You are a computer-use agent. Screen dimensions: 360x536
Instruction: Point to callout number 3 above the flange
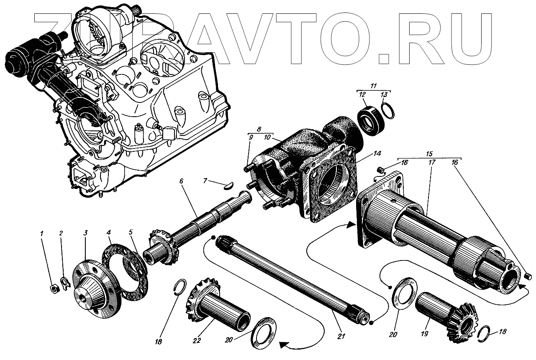click(85, 233)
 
